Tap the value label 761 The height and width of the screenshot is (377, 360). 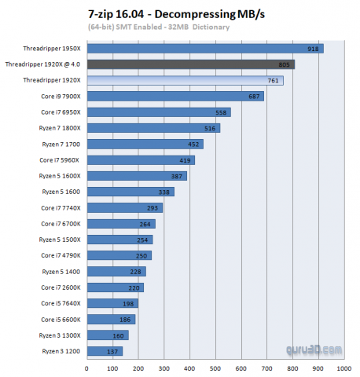coord(273,81)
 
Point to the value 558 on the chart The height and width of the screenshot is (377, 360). coord(222,112)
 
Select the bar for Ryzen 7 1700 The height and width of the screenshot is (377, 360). coord(146,144)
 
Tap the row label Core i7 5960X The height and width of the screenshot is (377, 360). coord(61,160)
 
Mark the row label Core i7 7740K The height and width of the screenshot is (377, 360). coord(61,208)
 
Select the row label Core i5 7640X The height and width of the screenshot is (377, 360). coord(61,303)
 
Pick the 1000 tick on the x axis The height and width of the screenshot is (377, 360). coord(343,368)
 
